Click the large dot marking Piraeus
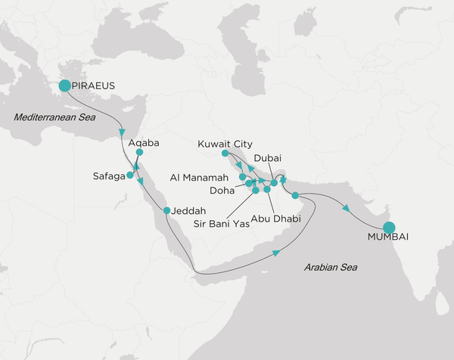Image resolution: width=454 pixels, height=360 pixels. point(64,85)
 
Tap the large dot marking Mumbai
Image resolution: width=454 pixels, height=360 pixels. point(389,228)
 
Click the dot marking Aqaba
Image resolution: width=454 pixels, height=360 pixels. point(138,152)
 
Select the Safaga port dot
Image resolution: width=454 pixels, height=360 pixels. point(130,175)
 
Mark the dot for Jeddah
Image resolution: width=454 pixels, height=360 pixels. point(166,209)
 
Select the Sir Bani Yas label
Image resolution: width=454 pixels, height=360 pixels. point(222,222)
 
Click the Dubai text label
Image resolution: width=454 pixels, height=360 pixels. point(269,157)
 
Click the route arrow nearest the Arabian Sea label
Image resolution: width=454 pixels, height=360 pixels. point(278,253)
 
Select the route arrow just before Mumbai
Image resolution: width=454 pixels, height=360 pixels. point(347,209)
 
